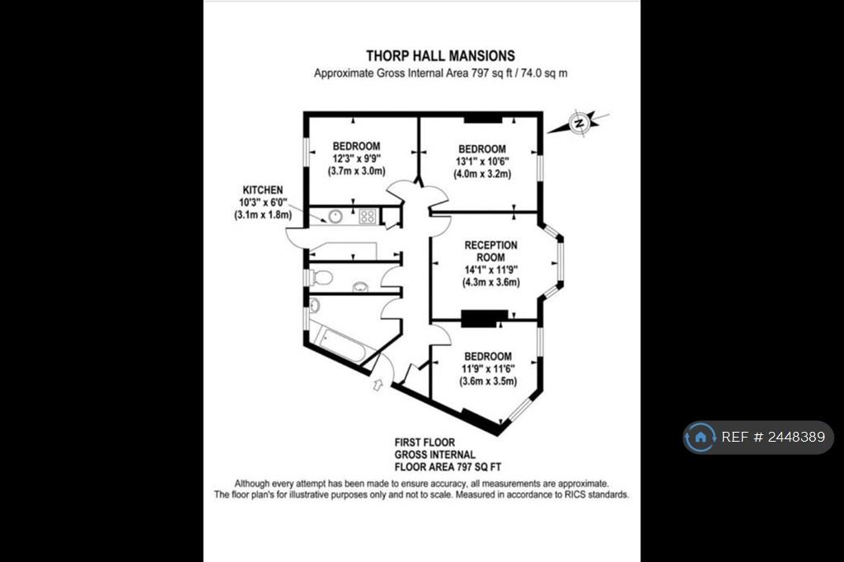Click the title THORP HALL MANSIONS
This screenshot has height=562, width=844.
coord(440,56)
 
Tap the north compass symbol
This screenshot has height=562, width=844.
coord(579,124)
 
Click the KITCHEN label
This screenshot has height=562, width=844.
coord(263,190)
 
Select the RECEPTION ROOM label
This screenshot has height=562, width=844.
coord(491,251)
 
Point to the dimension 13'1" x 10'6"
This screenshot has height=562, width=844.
coord(482,162)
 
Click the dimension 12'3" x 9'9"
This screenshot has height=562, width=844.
coord(356,159)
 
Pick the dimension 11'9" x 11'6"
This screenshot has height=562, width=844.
coord(488,368)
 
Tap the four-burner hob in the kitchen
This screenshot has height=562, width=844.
coord(368,217)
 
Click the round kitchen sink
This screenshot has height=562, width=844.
coord(335,217)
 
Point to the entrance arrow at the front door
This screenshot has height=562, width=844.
coord(377,384)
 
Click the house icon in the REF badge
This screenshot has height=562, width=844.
coord(701,437)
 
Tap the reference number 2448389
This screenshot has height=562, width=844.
coord(796,437)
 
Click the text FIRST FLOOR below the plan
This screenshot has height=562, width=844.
coord(424,443)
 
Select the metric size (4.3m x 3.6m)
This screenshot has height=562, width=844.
coord(491,282)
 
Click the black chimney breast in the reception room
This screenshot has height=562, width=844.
coord(485,318)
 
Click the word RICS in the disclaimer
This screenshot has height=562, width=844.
coord(575,494)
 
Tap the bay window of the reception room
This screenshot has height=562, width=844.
coord(560,261)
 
